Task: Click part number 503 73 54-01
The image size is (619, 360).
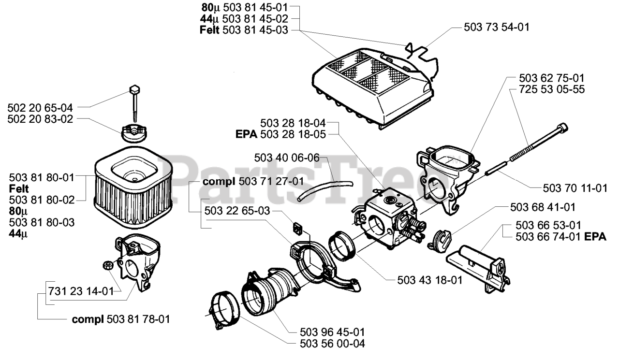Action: point(496,28)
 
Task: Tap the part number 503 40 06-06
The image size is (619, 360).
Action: point(287,158)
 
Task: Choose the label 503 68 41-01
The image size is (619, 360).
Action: point(543,207)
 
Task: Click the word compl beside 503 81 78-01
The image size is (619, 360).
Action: point(88,319)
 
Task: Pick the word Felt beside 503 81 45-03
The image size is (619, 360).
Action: point(210,30)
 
